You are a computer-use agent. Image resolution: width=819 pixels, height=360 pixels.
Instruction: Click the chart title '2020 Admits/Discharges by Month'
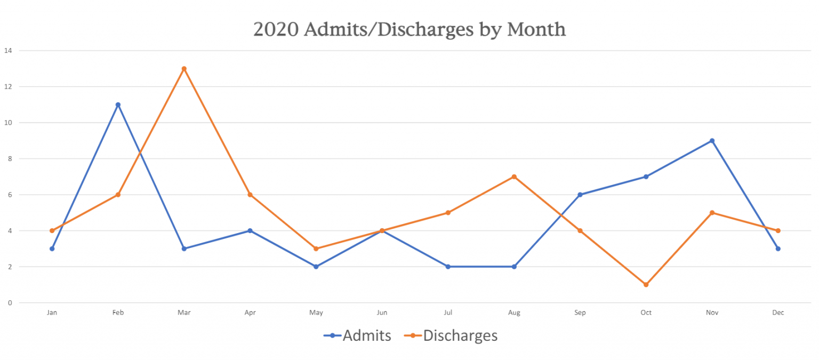(409, 29)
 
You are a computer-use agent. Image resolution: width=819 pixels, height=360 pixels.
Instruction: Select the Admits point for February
(118, 105)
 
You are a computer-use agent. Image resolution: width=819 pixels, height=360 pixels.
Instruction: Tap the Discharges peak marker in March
(184, 69)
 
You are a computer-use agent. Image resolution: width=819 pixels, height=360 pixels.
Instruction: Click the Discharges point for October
(646, 285)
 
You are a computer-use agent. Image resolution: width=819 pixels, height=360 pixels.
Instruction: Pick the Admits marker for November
(712, 141)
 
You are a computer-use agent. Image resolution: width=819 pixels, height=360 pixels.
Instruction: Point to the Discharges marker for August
(514, 177)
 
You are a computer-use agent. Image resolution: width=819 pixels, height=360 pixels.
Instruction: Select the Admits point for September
(580, 195)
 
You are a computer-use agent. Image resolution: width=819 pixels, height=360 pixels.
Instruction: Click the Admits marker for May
(316, 267)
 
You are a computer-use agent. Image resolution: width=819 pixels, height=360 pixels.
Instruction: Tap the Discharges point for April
(250, 195)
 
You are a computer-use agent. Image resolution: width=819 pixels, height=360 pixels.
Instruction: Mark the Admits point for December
(778, 249)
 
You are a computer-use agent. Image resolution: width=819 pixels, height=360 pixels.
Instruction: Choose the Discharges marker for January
(52, 231)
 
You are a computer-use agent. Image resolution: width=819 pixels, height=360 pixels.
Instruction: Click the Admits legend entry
(358, 335)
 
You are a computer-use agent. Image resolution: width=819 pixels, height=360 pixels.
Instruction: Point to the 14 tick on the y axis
(8, 51)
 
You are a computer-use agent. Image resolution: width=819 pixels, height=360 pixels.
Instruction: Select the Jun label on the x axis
(382, 313)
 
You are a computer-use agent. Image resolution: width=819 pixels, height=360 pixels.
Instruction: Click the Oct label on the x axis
(646, 313)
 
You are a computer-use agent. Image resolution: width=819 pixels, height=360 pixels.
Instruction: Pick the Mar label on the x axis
(184, 313)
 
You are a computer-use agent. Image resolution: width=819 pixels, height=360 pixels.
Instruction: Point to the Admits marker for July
(448, 267)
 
